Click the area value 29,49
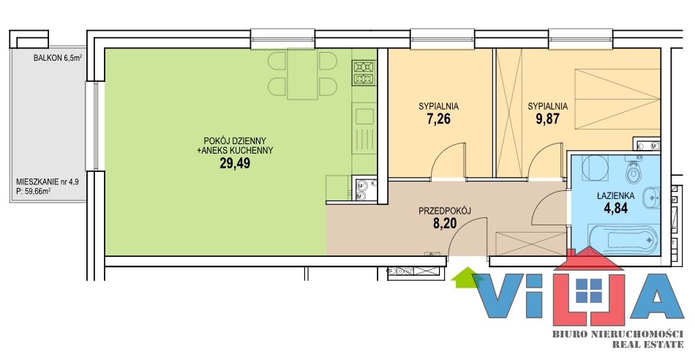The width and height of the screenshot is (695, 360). point(235,164)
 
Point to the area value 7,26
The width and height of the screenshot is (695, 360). point(438,119)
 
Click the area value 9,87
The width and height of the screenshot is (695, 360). point(547,119)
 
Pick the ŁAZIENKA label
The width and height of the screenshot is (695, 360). point(616,195)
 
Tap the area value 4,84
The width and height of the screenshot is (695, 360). point(616,208)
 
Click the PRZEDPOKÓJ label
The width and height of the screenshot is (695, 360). point(445,211)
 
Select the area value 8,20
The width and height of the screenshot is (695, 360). point(445,224)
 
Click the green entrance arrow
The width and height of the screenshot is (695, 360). point(461,277)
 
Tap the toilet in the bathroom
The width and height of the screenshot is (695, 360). point(634,172)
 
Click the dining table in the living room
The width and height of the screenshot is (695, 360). point(303,74)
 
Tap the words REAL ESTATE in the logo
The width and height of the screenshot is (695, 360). point(647,344)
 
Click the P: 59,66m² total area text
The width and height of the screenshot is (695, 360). point(33,191)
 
